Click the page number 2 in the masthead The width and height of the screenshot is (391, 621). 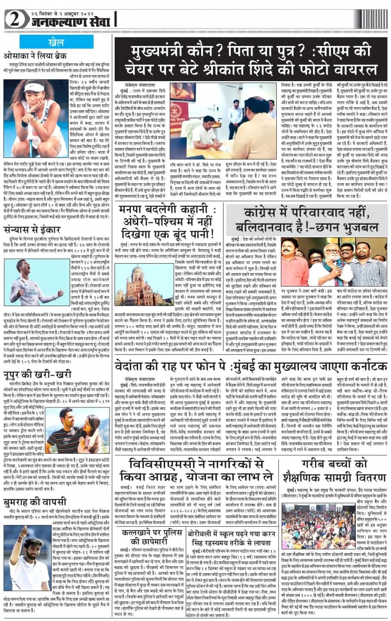pyautogui.click(x=14, y=19)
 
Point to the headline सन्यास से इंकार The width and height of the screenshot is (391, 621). pyautogui.click(x=30, y=230)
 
